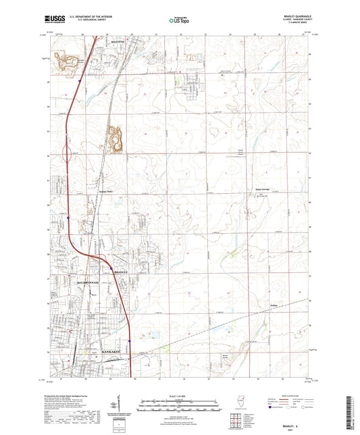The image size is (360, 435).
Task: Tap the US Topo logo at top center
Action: coord(178,21)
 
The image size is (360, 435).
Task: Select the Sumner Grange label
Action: coord(262,189)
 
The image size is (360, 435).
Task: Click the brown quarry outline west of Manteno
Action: coord(68,62)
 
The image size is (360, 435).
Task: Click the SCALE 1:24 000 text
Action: coord(180,396)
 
